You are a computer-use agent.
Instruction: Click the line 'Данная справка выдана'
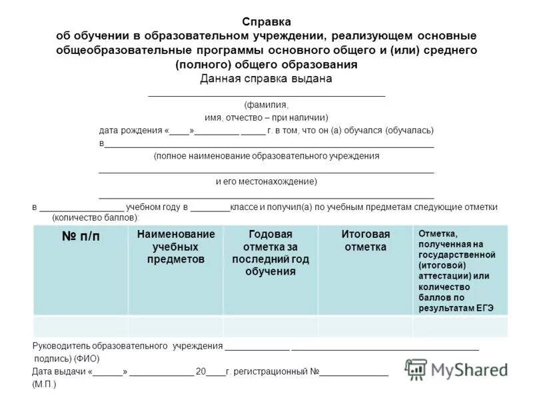click(266, 79)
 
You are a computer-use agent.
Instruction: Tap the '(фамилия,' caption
click(266, 105)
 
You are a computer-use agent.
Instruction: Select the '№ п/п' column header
click(81, 237)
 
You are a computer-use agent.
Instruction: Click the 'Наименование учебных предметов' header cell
click(176, 247)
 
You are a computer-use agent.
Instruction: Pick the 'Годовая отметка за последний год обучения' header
click(270, 253)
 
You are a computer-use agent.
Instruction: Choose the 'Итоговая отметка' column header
click(365, 241)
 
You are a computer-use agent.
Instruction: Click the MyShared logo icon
click(416, 369)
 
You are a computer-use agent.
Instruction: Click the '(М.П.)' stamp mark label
click(45, 385)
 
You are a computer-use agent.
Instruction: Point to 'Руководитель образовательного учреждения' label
click(127, 346)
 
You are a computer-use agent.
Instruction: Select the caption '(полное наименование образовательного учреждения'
click(266, 156)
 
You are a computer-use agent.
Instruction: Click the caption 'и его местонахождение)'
click(266, 181)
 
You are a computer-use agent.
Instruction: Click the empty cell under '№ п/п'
click(81, 327)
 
